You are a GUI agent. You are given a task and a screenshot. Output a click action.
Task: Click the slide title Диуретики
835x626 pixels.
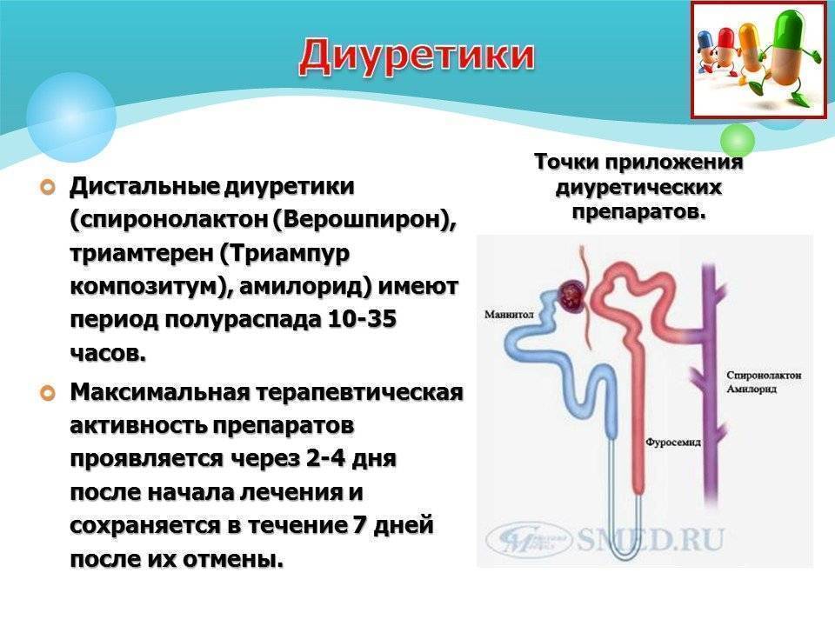click(417, 57)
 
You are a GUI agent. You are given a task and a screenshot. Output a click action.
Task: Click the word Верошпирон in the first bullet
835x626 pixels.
click(361, 220)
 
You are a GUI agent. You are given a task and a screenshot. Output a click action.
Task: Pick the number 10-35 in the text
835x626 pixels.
click(362, 319)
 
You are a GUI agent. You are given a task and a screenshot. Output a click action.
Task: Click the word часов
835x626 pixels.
click(108, 353)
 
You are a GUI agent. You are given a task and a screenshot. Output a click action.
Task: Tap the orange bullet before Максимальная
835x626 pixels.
click(48, 393)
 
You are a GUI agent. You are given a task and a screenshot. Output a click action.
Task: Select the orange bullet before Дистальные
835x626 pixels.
click(48, 188)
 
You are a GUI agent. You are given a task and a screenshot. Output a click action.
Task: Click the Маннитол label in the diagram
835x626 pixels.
click(509, 315)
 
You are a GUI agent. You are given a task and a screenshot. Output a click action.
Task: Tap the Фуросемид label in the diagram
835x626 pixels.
click(673, 442)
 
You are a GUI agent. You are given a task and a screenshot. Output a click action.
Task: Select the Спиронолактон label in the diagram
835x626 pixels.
click(764, 376)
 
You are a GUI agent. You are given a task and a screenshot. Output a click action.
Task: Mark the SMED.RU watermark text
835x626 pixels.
click(651, 539)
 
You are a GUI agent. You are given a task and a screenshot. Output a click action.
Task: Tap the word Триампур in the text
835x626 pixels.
click(284, 253)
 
